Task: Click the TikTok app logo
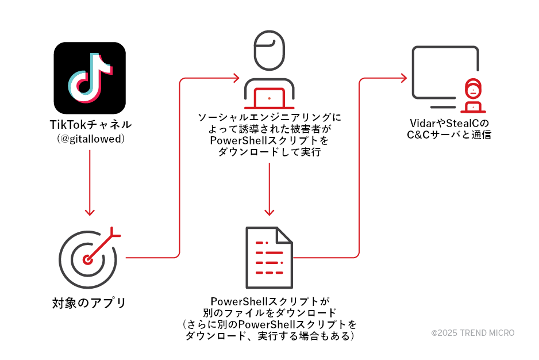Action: click(x=90, y=78)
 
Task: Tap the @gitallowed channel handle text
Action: click(x=90, y=139)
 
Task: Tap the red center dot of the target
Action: click(x=87, y=259)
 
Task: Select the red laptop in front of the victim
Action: click(x=269, y=99)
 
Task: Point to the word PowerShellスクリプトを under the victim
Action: click(x=269, y=140)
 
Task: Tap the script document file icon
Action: click(x=269, y=257)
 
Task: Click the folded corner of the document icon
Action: click(x=284, y=235)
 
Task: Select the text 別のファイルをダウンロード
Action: click(x=269, y=313)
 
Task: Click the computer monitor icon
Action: click(x=444, y=75)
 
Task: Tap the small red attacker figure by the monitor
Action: click(x=472, y=97)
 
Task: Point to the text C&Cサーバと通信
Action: click(x=450, y=136)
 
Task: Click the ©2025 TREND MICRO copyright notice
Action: click(x=473, y=333)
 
